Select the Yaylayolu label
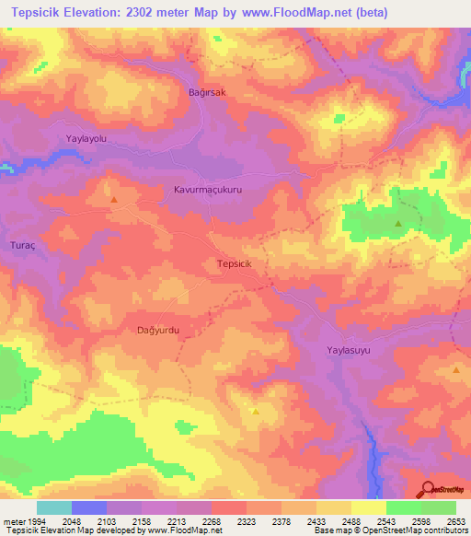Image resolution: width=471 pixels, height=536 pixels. pyautogui.click(x=87, y=138)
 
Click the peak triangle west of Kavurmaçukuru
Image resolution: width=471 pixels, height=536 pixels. pyautogui.click(x=114, y=199)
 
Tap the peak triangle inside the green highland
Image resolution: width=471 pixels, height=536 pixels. pyautogui.click(x=398, y=224)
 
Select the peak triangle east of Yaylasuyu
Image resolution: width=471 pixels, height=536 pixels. pyautogui.click(x=457, y=369)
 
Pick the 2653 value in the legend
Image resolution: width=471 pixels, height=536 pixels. pyautogui.click(x=457, y=521)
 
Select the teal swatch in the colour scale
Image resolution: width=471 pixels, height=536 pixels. pyautogui.click(x=54, y=507)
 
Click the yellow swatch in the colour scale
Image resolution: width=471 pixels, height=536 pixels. pyautogui.click(x=368, y=507)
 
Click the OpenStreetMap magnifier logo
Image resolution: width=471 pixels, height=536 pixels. pyautogui.click(x=429, y=489)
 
